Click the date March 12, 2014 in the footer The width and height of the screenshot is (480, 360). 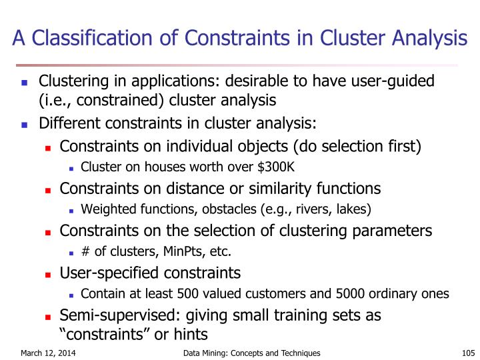[x=47, y=353]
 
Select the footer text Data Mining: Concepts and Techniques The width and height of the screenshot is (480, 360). [x=251, y=353]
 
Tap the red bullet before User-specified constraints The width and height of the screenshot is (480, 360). [x=48, y=274]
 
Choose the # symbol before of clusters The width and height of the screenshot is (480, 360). [x=85, y=251]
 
